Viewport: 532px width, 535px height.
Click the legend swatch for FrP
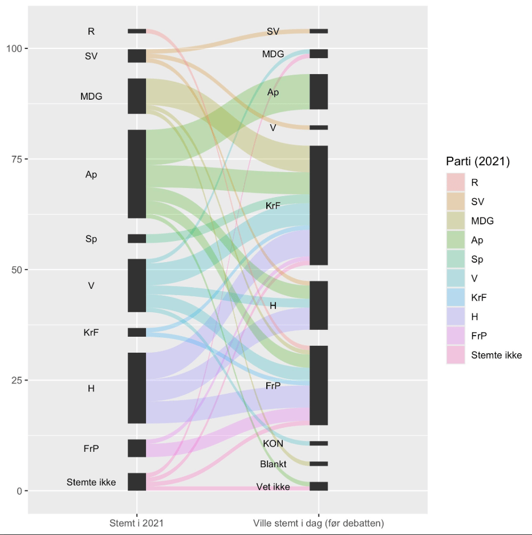coord(456,336)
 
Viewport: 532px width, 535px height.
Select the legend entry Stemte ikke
coord(496,356)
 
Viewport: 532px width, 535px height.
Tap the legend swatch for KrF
coord(456,297)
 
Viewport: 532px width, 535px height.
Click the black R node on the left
coord(137,31)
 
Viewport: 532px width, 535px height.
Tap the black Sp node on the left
coord(137,239)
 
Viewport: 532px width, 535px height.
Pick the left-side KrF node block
coord(137,332)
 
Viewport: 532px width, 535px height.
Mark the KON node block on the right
coord(319,443)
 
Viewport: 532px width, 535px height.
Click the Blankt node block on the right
coord(319,464)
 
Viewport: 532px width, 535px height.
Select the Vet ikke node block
coord(319,487)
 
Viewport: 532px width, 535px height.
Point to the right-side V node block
coord(319,128)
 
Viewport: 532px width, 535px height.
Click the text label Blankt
coord(273,464)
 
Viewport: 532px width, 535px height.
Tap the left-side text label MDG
coord(91,96)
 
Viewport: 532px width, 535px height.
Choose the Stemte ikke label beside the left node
coord(91,483)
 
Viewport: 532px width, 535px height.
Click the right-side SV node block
coord(319,31)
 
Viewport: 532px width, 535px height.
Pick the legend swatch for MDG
coord(456,220)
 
